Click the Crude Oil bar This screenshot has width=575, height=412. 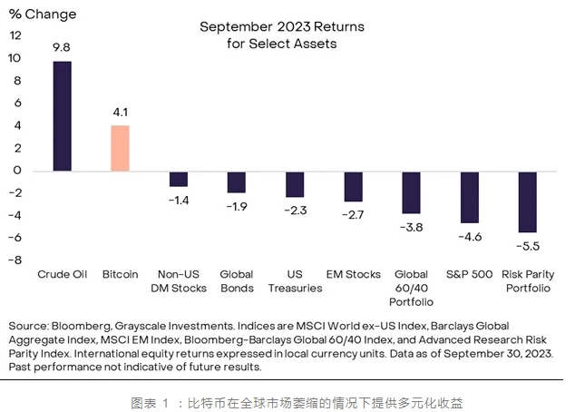[x=63, y=116]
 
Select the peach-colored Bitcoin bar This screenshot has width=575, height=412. [x=120, y=148]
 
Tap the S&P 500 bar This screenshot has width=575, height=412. [x=469, y=197]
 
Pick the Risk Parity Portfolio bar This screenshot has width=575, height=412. [x=527, y=201]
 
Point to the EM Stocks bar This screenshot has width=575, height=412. [x=353, y=186]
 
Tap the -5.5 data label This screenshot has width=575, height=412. [x=528, y=245]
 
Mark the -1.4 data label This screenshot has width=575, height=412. [x=180, y=199]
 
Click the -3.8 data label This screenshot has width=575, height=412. [x=411, y=226]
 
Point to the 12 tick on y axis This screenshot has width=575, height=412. [x=15, y=36]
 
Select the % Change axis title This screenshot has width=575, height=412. [x=43, y=15]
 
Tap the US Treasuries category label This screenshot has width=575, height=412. [x=295, y=281]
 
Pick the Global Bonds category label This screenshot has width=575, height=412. [x=237, y=281]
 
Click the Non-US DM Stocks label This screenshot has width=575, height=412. [x=179, y=281]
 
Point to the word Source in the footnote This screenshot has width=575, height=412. [x=28, y=326]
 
